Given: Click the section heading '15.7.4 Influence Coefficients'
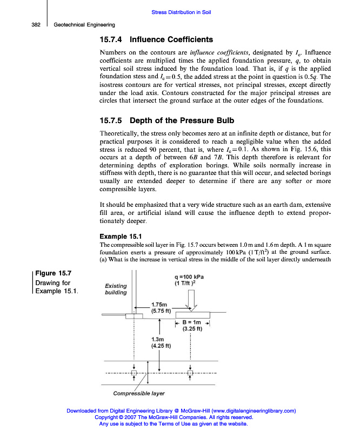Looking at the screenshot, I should (x=157, y=39).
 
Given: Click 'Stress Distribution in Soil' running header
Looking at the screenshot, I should (x=180, y=12).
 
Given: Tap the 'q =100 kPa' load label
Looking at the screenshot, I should (x=189, y=278).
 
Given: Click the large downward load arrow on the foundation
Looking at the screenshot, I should (x=191, y=297).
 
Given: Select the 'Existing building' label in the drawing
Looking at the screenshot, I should (x=116, y=289).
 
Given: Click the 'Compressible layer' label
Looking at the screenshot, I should (x=139, y=393).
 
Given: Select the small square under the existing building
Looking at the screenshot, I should (x=134, y=373).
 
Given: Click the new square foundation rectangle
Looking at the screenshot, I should (x=191, y=313).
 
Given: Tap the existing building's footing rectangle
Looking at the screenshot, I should (x=134, y=315).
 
